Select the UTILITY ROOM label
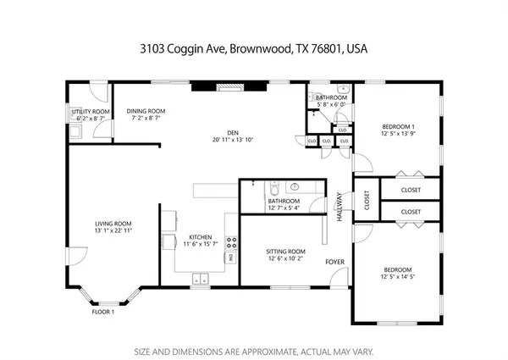90,111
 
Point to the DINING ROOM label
146,111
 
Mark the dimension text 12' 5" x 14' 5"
399,278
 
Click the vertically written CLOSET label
367,201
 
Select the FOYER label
335,262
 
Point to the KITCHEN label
200,238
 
